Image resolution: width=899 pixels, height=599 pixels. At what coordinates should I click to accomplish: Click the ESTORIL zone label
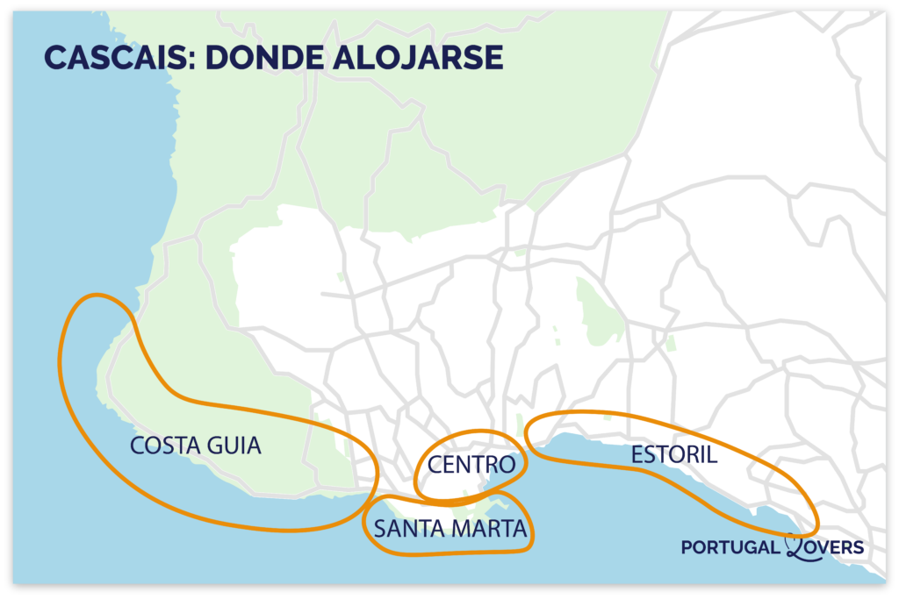coord(673,455)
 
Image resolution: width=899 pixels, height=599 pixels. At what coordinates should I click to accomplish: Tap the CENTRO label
coord(471,465)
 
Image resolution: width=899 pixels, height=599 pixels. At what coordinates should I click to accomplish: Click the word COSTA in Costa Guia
coord(163,446)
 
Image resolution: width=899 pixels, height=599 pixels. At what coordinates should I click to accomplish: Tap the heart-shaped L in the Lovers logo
coord(795,546)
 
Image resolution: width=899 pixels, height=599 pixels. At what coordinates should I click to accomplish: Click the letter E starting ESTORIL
coord(636,455)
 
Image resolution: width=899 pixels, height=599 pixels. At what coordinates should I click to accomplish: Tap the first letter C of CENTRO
coord(435,465)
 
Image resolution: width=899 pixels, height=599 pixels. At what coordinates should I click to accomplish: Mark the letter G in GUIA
coord(213,446)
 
